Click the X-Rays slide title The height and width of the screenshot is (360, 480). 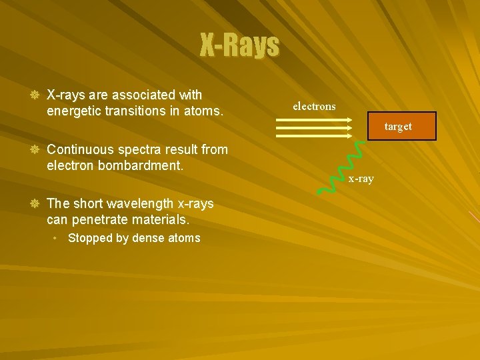pyautogui.click(x=240, y=45)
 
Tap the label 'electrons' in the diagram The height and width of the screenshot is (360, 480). pyautogui.click(x=314, y=107)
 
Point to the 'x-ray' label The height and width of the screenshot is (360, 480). pyautogui.click(x=361, y=179)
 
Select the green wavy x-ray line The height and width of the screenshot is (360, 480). pyautogui.click(x=340, y=168)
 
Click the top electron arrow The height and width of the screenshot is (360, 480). pyautogui.click(x=313, y=120)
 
